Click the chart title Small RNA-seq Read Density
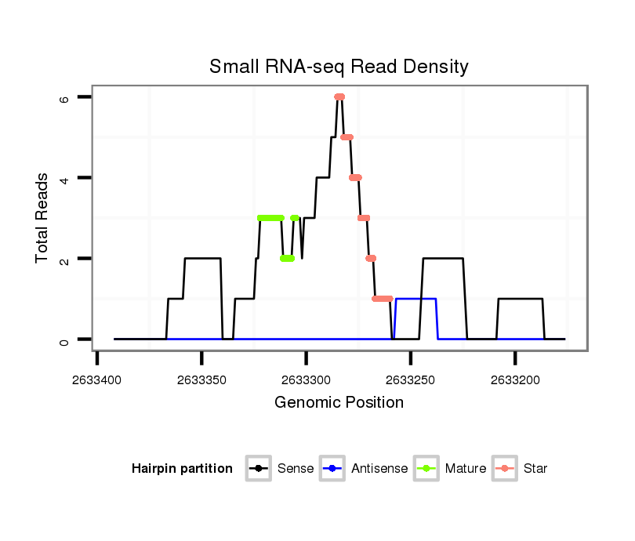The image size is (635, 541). pos(339,67)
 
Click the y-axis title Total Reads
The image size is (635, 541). pos(43,218)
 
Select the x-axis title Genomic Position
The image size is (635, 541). pos(339,403)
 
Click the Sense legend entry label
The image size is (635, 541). pos(296,469)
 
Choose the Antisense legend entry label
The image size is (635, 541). pos(379,469)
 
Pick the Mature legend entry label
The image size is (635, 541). pos(466,469)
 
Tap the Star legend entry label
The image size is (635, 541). pos(536,469)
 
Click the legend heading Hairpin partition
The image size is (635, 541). pos(183,469)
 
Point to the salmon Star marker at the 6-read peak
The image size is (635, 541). pos(339,97)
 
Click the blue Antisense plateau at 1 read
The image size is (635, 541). pos(415,299)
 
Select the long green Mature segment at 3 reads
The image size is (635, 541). pos(270,218)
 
